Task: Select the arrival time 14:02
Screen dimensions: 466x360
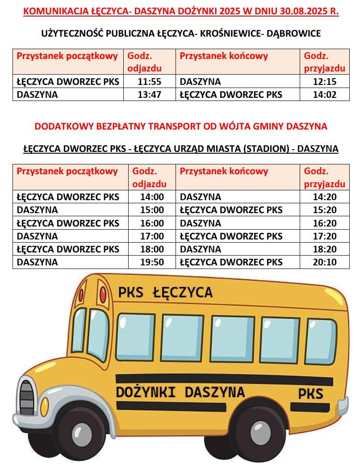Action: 324,95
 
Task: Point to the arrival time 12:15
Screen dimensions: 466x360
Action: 324,82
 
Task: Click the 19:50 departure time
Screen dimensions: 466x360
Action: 152,262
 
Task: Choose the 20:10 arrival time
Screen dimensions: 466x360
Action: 324,262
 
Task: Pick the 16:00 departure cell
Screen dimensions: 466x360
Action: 152,223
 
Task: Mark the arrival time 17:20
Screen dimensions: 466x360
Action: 324,236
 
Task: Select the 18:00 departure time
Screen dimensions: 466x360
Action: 152,249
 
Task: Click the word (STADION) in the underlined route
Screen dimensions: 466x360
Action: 265,149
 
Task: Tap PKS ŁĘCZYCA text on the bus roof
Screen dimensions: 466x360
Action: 165,293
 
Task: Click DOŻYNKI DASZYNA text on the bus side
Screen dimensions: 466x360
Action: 180,393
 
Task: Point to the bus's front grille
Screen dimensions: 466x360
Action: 26,397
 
